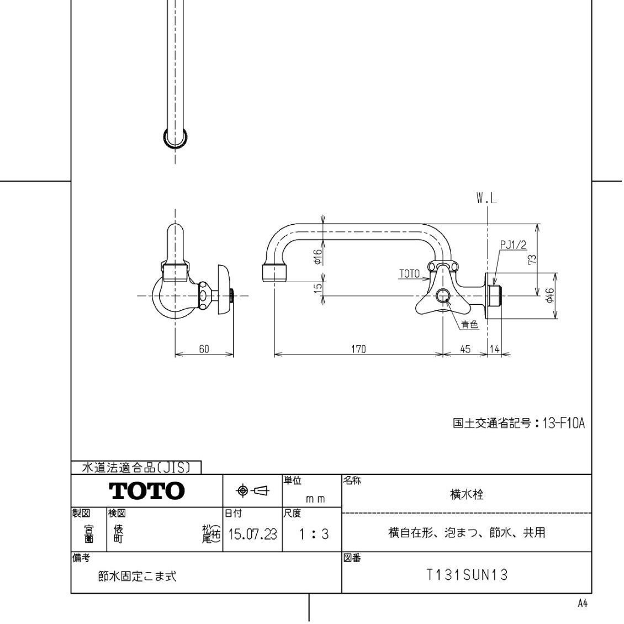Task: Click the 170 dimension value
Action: [x=358, y=349]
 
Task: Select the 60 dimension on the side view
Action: [x=204, y=349]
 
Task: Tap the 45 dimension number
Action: [x=465, y=349]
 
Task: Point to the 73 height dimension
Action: [x=532, y=260]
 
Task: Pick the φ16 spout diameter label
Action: [x=318, y=257]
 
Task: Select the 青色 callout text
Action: [x=470, y=325]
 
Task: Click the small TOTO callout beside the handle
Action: [x=409, y=273]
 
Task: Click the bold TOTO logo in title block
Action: [x=146, y=490]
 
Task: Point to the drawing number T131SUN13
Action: [x=467, y=575]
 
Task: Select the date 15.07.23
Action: [x=252, y=534]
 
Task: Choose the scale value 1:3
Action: [x=313, y=534]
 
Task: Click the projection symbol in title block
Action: [x=252, y=490]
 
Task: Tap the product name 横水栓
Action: [x=467, y=495]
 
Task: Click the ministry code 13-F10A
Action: [x=563, y=424]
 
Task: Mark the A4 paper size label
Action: [x=583, y=603]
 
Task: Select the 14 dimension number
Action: [x=494, y=349]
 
